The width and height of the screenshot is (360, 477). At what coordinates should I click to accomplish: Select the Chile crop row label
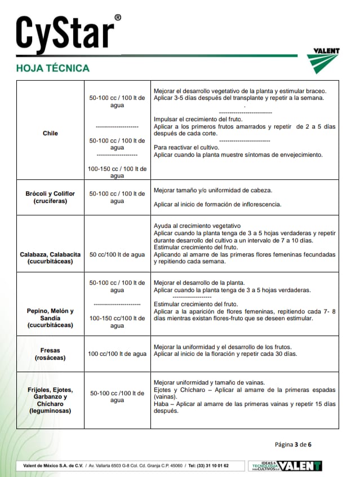click(x=50, y=133)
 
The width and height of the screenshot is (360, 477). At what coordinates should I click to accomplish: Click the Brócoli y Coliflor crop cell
click(x=50, y=197)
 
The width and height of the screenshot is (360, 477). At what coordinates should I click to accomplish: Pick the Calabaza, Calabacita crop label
click(x=50, y=258)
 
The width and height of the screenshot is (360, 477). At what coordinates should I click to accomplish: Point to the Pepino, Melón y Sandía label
click(x=50, y=318)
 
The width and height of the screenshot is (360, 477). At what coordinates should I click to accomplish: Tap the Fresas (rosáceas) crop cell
click(x=50, y=354)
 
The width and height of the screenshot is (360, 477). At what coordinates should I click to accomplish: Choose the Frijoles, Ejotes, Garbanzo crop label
click(x=50, y=400)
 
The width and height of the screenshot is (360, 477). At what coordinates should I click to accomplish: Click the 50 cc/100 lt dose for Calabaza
click(x=117, y=255)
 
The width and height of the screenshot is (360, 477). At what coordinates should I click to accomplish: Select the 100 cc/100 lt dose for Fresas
click(x=117, y=354)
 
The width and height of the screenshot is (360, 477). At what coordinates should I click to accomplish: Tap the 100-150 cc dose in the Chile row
click(x=117, y=172)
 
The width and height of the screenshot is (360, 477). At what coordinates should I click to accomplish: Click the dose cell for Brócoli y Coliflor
click(x=117, y=197)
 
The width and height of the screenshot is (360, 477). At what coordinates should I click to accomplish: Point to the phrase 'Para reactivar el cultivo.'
click(x=190, y=147)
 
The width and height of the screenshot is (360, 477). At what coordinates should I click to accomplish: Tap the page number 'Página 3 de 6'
click(x=293, y=444)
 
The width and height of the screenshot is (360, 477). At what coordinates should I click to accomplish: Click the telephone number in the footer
click(x=208, y=466)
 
